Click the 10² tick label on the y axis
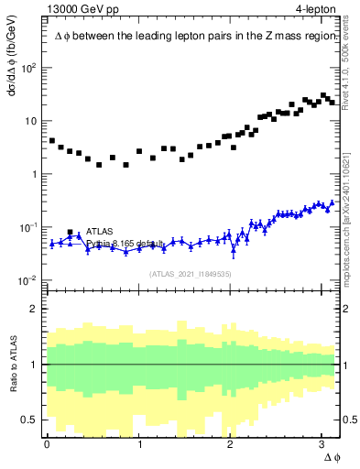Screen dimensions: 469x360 28,69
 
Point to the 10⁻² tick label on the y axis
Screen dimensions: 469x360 28,280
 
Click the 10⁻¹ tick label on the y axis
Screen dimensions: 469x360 28,227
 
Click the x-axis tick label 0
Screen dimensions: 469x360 47,444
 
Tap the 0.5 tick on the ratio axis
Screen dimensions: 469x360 29,420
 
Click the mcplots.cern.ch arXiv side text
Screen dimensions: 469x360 345,202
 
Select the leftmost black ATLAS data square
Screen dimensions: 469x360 52,141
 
